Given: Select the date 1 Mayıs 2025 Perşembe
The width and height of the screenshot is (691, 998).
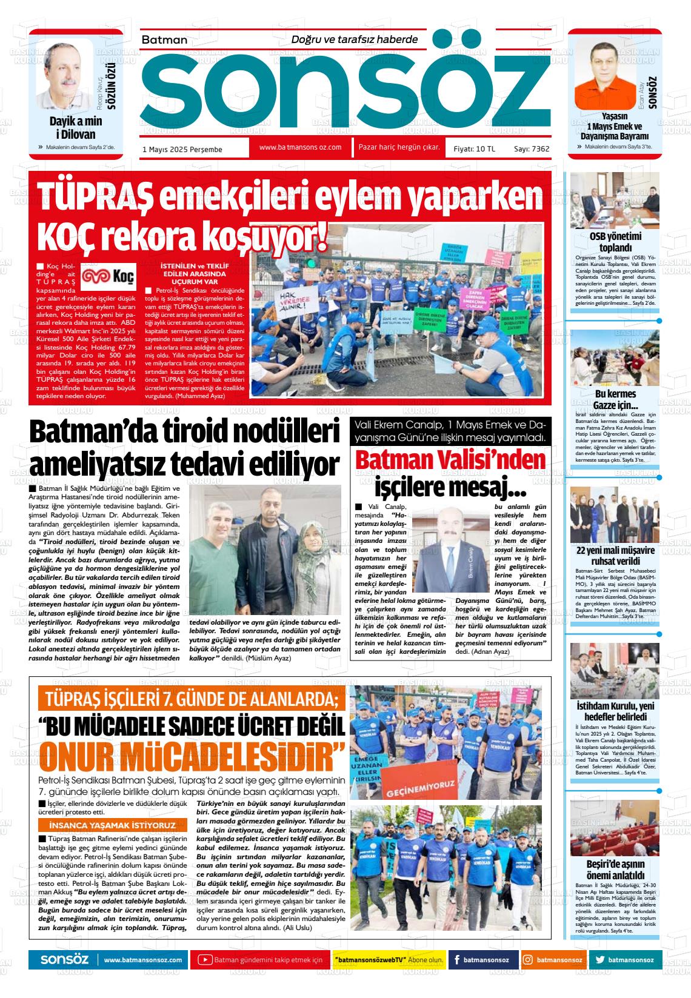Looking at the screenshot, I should (x=182, y=149).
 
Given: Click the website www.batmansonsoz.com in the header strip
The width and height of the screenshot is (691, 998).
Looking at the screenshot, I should (x=300, y=147).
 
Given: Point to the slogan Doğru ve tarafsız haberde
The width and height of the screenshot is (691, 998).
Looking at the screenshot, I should (x=355, y=39).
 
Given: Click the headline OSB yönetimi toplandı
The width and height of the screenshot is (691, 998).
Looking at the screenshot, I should (x=615, y=242).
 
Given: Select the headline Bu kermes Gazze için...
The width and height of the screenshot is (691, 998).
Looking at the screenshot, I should (x=615, y=399).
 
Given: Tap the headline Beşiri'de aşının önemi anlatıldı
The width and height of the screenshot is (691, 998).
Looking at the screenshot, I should (x=615, y=870).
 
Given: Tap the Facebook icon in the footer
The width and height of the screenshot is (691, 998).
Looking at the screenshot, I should (x=456, y=960).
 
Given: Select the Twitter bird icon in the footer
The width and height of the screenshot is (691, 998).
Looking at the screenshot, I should (x=600, y=960).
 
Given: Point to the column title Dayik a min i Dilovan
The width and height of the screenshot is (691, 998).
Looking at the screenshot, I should (x=76, y=127).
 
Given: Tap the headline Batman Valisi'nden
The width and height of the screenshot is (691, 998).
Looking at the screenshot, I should (x=450, y=461).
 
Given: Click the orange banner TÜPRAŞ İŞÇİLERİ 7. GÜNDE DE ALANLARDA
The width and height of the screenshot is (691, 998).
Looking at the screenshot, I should (x=192, y=700).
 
